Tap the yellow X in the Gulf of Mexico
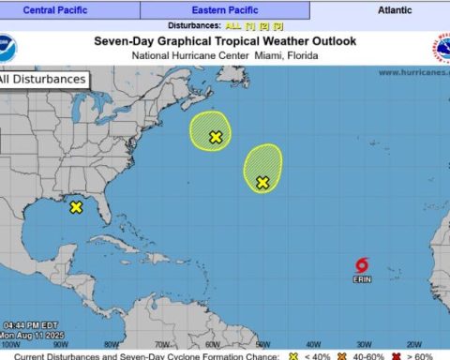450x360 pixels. click(x=76, y=207)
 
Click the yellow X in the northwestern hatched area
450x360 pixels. click(x=216, y=137)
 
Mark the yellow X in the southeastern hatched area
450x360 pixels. click(x=262, y=182)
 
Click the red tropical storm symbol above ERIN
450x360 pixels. click(x=363, y=266)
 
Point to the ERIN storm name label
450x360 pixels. click(x=363, y=279)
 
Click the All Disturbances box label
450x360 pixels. click(x=43, y=80)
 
